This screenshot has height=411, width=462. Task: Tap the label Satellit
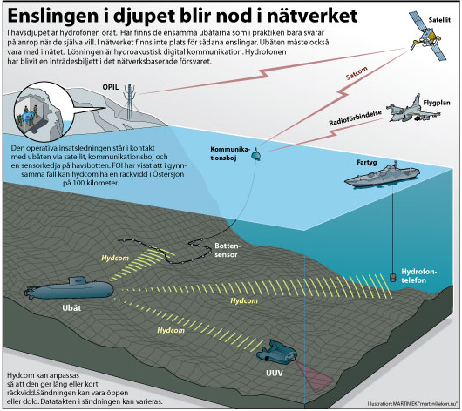439,20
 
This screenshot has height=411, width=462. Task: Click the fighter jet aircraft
412,111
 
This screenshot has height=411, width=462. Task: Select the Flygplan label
437,103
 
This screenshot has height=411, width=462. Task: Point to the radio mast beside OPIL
129,102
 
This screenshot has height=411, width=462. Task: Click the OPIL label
111,87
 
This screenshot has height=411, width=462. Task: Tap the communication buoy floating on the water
255,154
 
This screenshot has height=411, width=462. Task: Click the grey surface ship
382,175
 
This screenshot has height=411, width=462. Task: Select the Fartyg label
366,162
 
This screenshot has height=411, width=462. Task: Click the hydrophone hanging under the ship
392,277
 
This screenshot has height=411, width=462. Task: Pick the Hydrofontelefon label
418,275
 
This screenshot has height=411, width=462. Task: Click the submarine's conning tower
78,281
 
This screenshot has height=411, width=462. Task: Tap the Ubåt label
71,308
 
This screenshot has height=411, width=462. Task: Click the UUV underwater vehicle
276,352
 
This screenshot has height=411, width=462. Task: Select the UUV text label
275,374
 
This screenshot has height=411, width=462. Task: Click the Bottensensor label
228,250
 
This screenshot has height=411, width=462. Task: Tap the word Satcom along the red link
357,73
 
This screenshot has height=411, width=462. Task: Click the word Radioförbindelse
356,118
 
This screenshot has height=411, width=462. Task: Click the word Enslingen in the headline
53,16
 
